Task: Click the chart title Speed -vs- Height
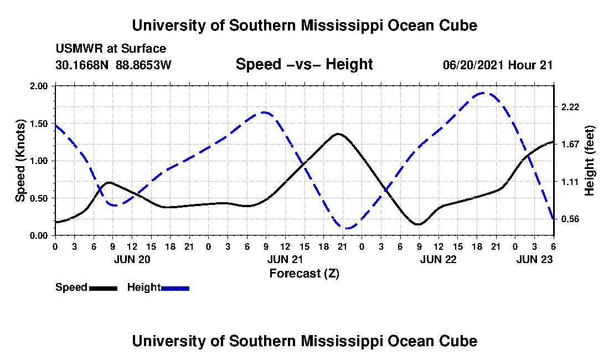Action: coord(304,64)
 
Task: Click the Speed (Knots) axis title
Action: coord(20,160)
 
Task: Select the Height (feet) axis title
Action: coord(589,161)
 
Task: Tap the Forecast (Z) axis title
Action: coord(304,273)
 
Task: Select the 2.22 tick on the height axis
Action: coord(570,107)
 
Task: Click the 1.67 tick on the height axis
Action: coord(570,145)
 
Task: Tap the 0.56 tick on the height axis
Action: coord(570,219)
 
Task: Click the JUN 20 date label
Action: coord(131,259)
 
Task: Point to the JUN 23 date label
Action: coord(534,259)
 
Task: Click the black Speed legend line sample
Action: coord(103,288)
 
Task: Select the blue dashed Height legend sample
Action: coord(175,288)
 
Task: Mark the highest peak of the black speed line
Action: coord(338,134)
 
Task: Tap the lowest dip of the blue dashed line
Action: coord(347,228)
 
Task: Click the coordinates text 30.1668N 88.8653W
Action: coord(113,65)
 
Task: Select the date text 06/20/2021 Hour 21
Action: coord(498,65)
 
